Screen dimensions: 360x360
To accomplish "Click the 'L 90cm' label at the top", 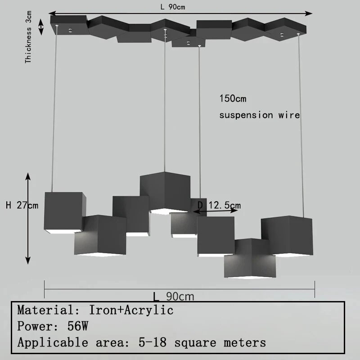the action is click(173, 7).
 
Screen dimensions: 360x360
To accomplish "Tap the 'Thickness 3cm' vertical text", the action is click(28, 37).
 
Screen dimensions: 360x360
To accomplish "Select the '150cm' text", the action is click(233, 99).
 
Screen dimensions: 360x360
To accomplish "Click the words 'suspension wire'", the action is click(260, 115).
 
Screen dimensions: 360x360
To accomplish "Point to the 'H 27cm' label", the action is click(22, 205).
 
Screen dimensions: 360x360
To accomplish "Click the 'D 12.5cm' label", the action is click(219, 205).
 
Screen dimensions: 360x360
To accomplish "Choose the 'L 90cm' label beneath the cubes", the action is click(174, 297).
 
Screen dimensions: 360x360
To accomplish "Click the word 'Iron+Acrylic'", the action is click(131, 310).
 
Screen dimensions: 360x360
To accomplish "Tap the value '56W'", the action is click(77, 326).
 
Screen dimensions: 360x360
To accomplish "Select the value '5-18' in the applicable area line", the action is click(153, 342).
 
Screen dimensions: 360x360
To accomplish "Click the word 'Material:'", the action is click(49, 310).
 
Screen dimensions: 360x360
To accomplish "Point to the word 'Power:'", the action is click(38, 326).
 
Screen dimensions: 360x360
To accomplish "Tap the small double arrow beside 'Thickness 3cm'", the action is click(41, 27).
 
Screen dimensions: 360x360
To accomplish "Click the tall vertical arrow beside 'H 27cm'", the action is click(28, 218).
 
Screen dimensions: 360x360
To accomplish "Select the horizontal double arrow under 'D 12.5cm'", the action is click(215, 211).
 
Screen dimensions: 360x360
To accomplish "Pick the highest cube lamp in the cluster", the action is click(165, 193).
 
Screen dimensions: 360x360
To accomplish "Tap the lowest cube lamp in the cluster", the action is click(250, 258).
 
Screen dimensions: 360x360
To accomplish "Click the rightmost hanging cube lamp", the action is click(287, 236).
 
